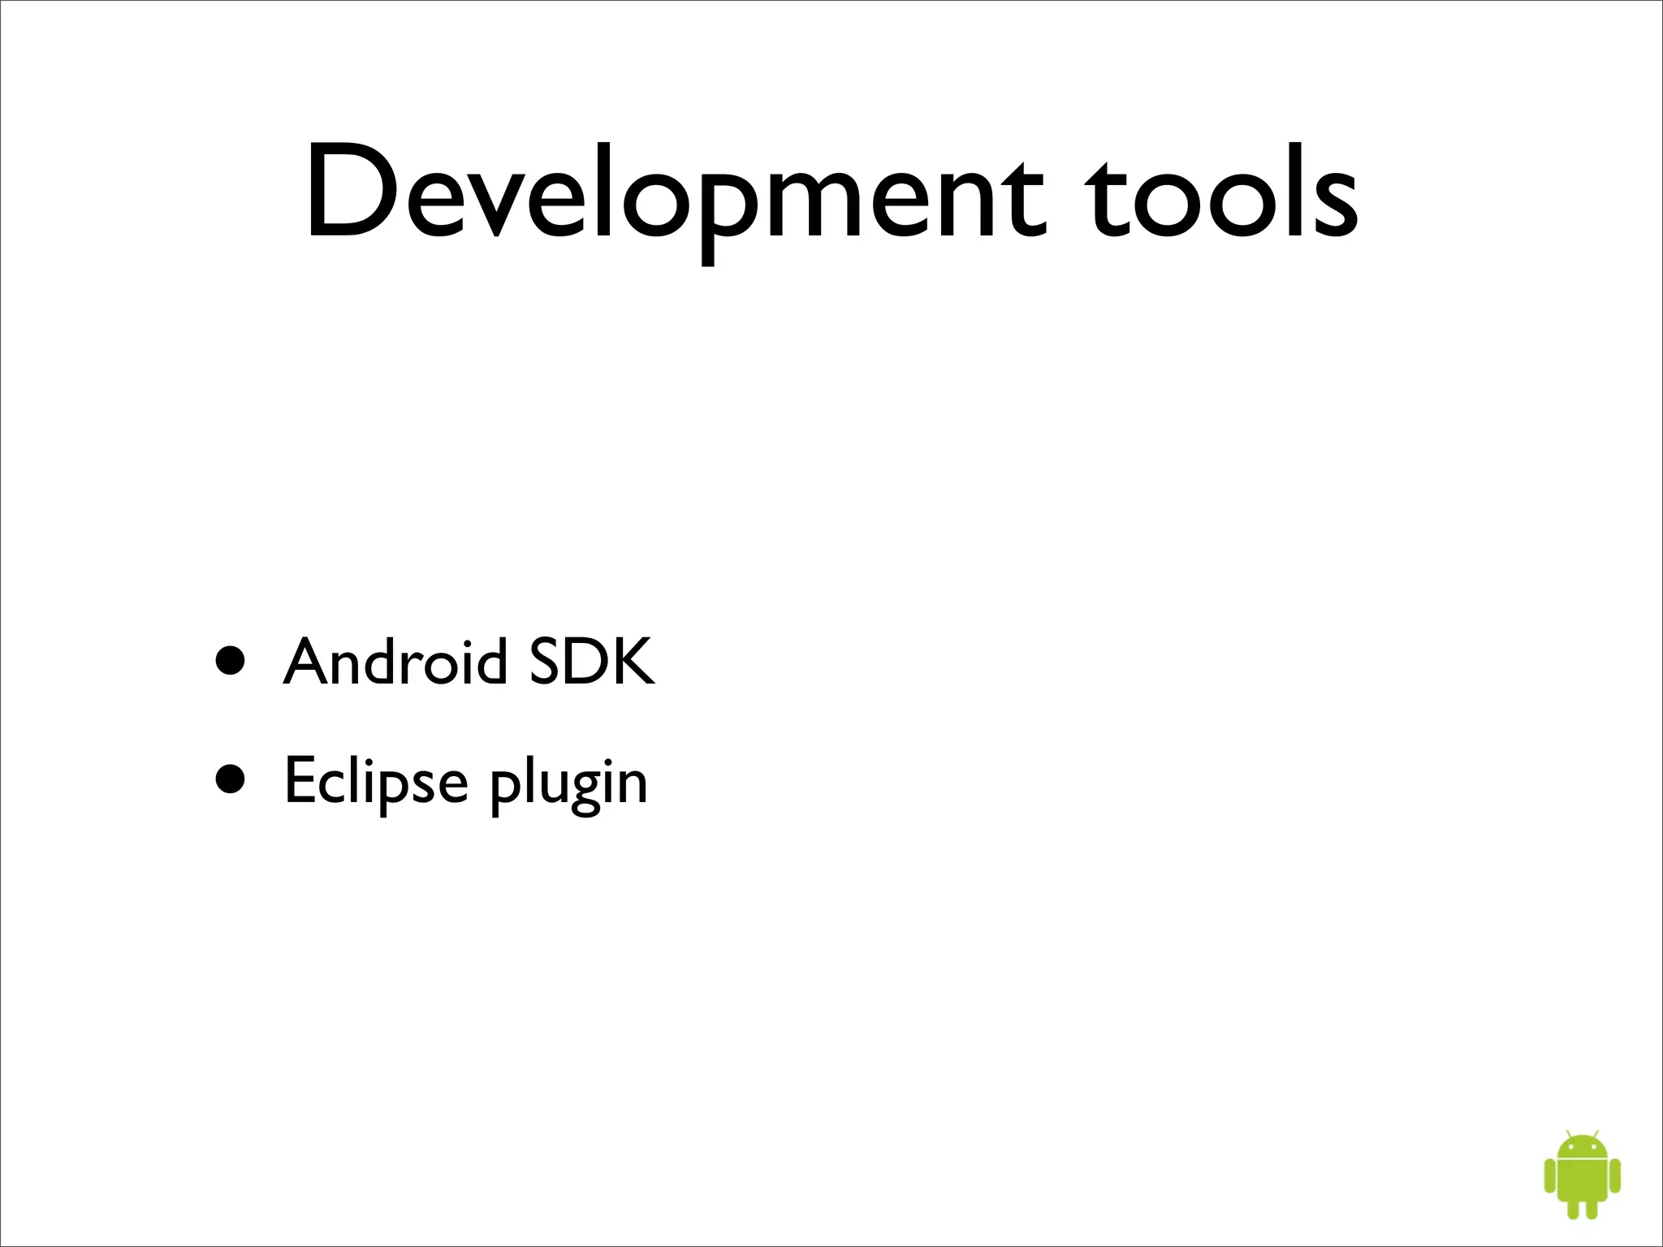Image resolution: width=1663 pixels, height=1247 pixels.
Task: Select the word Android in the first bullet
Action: point(395,662)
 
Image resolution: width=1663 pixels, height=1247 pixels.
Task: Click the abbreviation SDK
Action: point(591,662)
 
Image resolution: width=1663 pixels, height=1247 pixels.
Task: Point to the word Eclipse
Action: point(376,781)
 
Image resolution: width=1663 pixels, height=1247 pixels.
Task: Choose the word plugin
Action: point(568,784)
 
